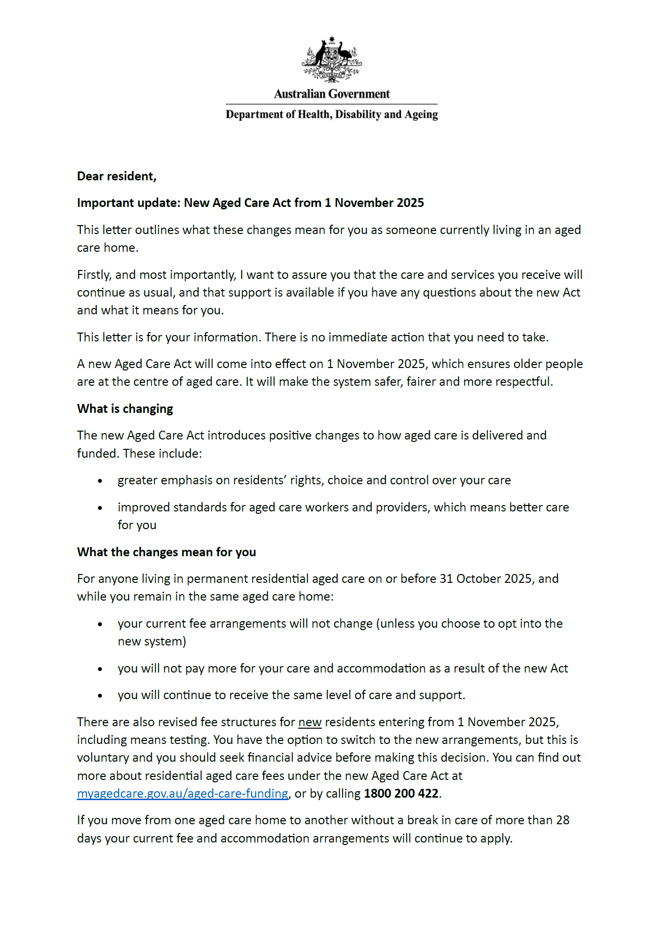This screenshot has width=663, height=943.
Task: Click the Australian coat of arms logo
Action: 332,59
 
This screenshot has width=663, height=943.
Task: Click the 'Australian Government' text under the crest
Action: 332,94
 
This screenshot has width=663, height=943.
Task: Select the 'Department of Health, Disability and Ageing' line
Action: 332,114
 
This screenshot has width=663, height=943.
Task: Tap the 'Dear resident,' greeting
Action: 117,176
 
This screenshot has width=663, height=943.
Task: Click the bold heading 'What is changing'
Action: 125,409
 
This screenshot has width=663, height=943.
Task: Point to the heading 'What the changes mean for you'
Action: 167,552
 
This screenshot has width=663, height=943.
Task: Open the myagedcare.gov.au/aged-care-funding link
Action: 182,794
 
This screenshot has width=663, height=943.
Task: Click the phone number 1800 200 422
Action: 401,794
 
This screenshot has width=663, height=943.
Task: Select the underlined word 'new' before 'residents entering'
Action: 310,722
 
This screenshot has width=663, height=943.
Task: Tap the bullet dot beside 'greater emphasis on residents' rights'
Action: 100,481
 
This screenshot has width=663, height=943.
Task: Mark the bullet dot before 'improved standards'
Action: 100,508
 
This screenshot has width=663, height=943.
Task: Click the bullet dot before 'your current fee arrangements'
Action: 100,624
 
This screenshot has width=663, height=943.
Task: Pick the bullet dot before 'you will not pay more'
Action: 100,669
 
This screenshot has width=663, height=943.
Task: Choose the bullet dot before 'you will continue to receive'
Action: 100,696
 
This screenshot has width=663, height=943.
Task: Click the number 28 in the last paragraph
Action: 563,820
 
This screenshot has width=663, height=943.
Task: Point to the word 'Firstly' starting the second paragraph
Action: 94,275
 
